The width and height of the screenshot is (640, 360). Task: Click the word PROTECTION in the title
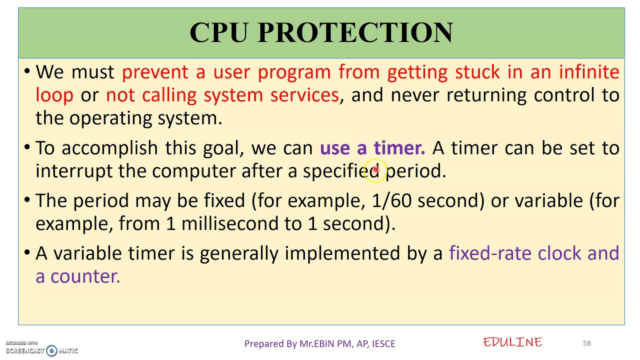(355, 32)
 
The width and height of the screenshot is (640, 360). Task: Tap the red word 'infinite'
(589, 72)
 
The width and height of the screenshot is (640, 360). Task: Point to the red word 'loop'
(54, 95)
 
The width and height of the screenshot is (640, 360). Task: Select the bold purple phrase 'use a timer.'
(372, 148)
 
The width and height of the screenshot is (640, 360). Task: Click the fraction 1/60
(391, 201)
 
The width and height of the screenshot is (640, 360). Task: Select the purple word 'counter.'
(85, 276)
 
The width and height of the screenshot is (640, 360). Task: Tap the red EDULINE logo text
(512, 342)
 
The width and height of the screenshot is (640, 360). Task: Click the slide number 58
(586, 343)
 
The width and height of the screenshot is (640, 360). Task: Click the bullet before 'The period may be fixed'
(27, 200)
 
